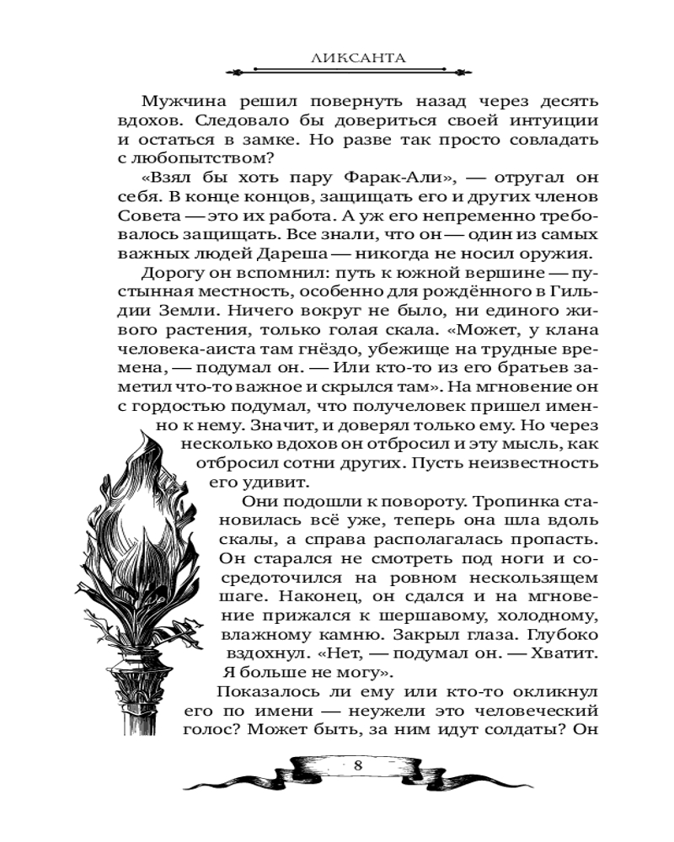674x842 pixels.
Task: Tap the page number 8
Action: pos(358,765)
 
